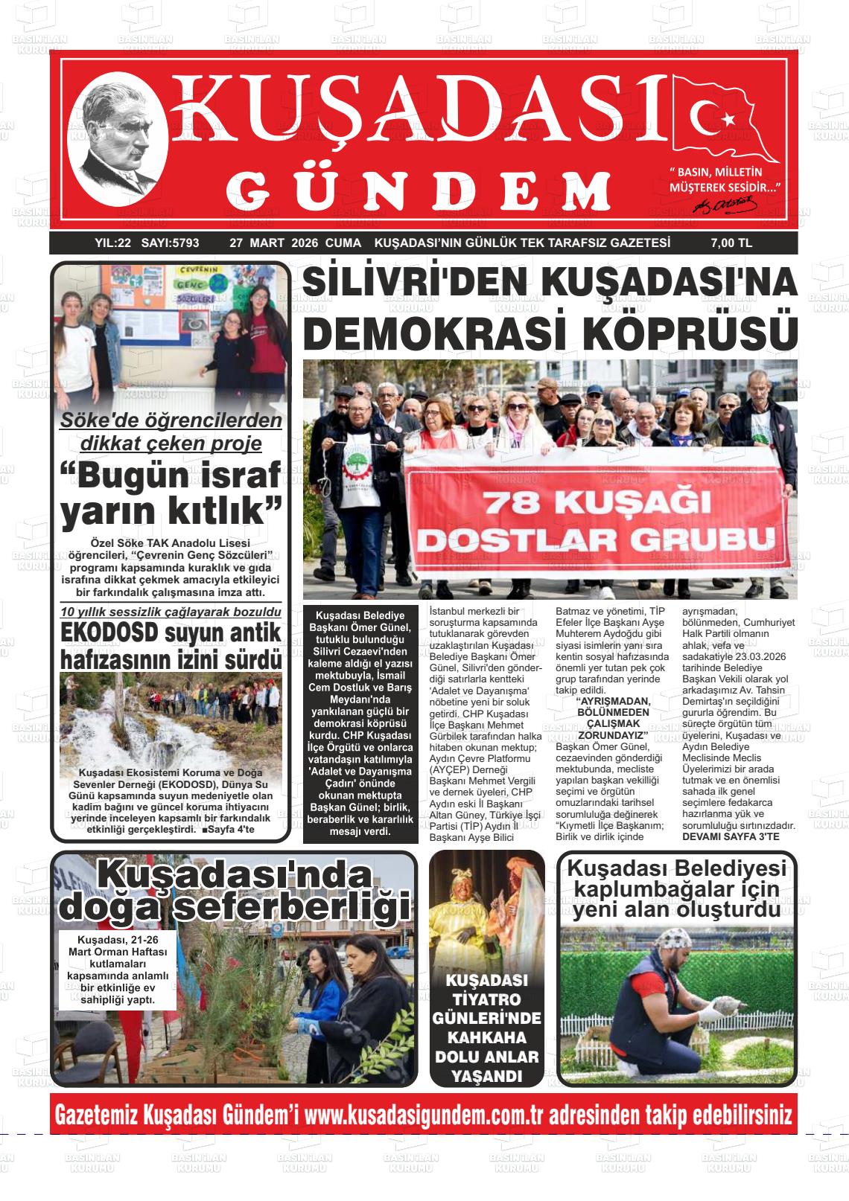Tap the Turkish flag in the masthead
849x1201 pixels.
724,119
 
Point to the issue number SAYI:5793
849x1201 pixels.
171,243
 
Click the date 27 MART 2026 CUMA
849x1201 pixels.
295,243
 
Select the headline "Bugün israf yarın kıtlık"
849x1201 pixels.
171,493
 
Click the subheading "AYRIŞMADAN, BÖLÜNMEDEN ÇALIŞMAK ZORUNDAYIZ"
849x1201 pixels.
613,718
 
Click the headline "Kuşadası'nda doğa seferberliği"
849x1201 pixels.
235,890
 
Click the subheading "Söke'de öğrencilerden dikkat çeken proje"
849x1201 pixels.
171,432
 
